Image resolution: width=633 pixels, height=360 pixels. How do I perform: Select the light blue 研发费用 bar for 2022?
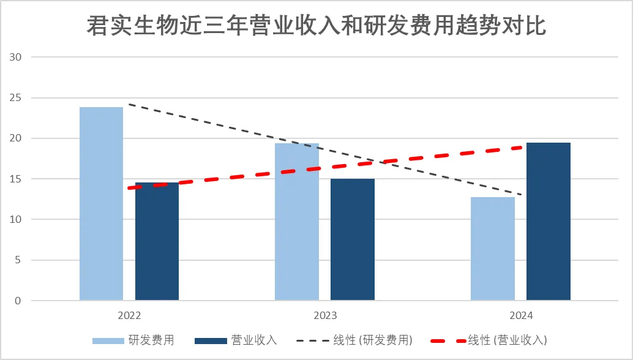pyautogui.click(x=102, y=204)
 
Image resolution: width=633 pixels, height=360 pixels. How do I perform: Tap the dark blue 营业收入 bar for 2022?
pyautogui.click(x=157, y=241)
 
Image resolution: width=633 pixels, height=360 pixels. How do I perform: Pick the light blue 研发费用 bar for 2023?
pyautogui.click(x=297, y=222)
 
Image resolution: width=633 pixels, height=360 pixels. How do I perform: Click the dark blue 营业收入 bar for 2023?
pyautogui.click(x=353, y=239)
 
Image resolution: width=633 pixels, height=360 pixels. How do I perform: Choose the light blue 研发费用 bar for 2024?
pyautogui.click(x=493, y=249)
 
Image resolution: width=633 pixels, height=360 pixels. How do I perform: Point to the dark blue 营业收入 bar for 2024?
pyautogui.click(x=549, y=222)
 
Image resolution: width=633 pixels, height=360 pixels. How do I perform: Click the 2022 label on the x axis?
pyautogui.click(x=129, y=317)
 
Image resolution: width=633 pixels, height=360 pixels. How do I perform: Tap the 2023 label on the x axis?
pyautogui.click(x=325, y=317)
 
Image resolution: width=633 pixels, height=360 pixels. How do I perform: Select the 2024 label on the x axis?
pyautogui.click(x=520, y=317)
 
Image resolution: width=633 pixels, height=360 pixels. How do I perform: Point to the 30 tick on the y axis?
pyautogui.click(x=16, y=58)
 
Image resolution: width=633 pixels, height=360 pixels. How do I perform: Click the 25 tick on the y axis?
pyautogui.click(x=16, y=98)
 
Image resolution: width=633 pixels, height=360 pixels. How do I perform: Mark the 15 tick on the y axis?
pyautogui.click(x=16, y=179)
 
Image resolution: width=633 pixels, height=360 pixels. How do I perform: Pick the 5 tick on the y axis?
pyautogui.click(x=19, y=260)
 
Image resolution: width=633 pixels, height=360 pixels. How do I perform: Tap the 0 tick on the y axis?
pyautogui.click(x=19, y=301)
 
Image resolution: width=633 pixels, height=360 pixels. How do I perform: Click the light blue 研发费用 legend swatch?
pyautogui.click(x=107, y=340)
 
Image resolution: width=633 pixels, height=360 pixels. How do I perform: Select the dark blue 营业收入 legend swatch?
pyautogui.click(x=209, y=340)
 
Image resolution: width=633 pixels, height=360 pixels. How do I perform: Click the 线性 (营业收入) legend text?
pyautogui.click(x=508, y=340)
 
